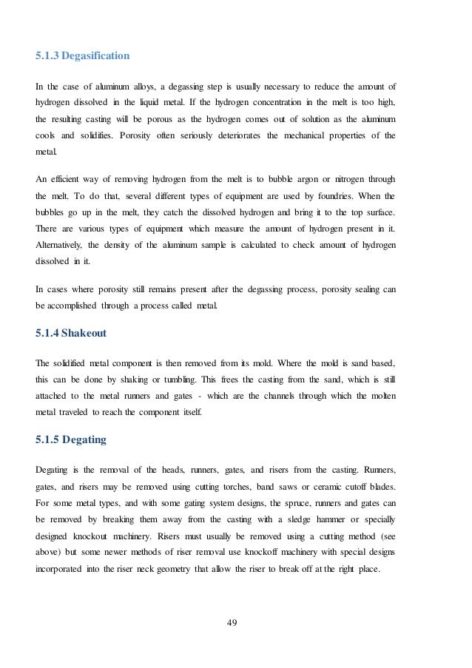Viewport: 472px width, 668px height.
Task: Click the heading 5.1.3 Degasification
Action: [82, 55]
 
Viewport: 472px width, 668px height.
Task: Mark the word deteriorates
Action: [239, 135]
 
